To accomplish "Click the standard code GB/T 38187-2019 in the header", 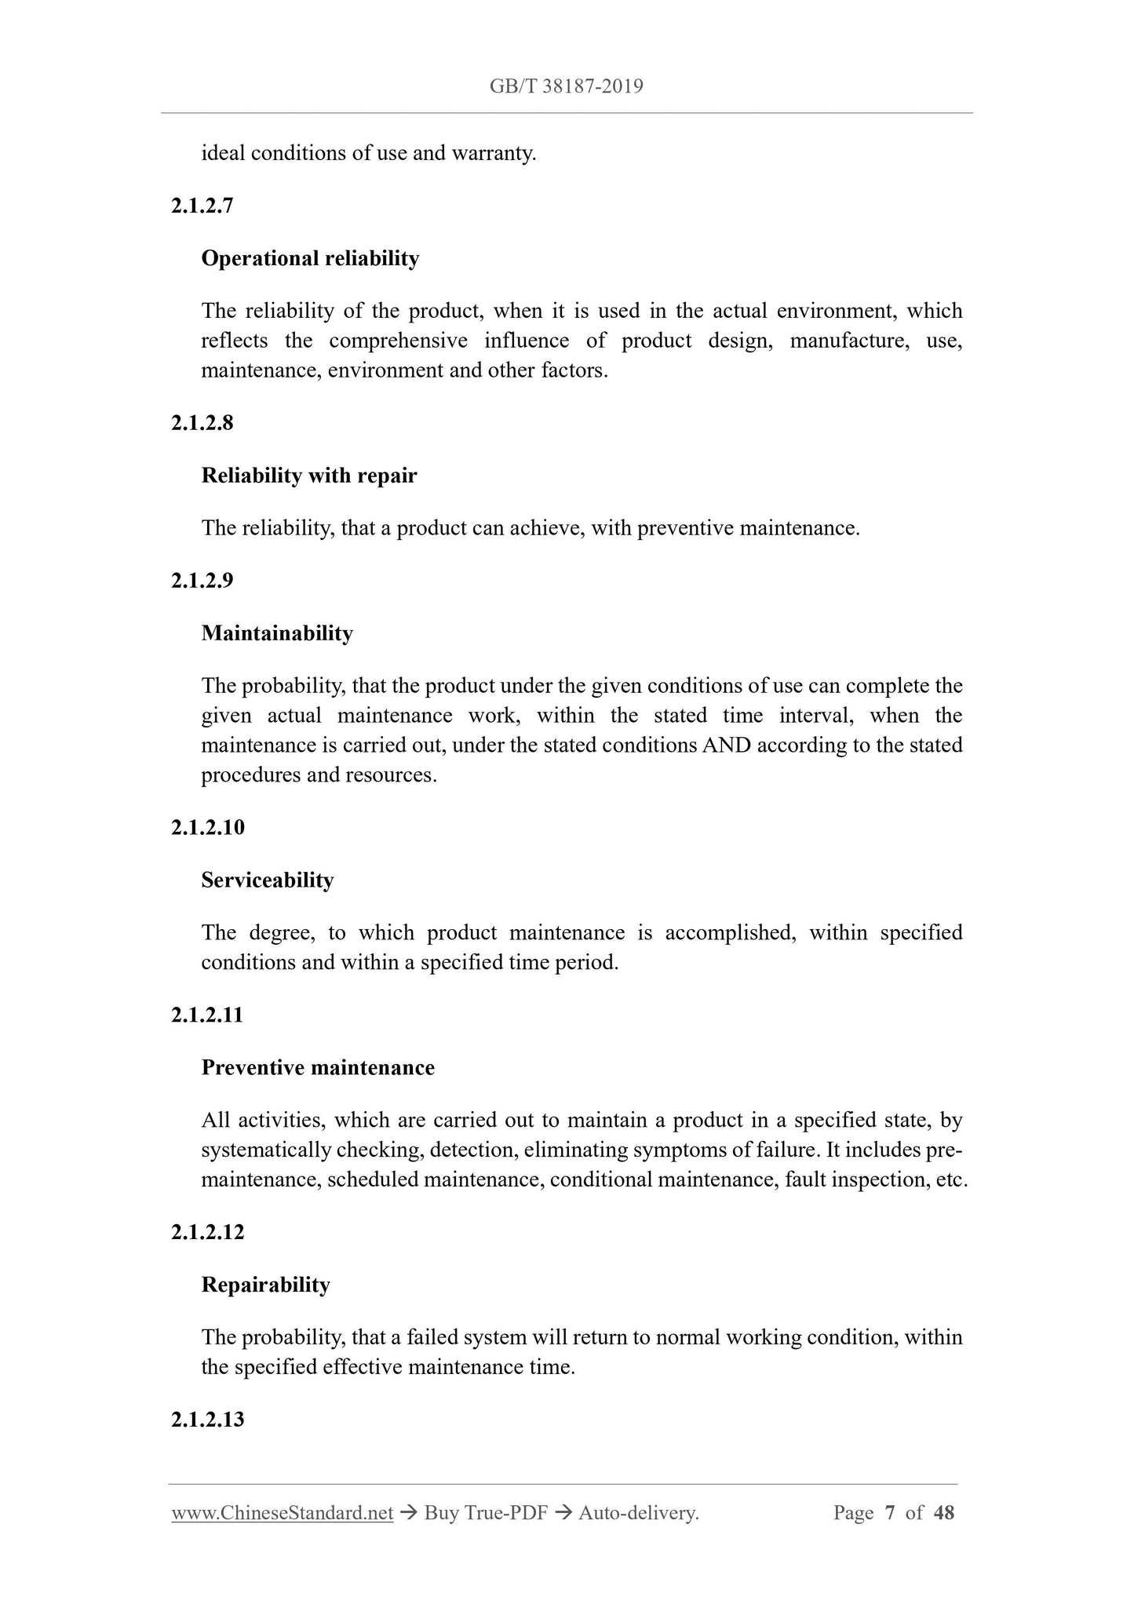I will pos(566,86).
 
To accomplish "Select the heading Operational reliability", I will pos(310,258).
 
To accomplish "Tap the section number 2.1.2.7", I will pos(202,206).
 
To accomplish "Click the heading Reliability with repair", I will pos(308,476).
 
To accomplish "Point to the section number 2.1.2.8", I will pos(202,423).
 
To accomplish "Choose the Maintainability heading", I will pos(277,633).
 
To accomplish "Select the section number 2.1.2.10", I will pos(207,827).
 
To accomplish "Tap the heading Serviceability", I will pos(268,880).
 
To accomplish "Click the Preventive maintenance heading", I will pos(318,1067).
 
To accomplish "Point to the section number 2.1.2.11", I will pos(207,1015).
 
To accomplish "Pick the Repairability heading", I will pos(265,1285).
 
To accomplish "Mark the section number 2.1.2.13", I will pos(207,1420).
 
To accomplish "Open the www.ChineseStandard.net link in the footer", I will pos(282,1513).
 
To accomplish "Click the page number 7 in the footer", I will pos(889,1513).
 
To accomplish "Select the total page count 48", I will pos(943,1513).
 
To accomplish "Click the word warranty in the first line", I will pos(493,153).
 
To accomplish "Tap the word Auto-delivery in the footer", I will pos(637,1513).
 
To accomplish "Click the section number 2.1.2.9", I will pos(202,581).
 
